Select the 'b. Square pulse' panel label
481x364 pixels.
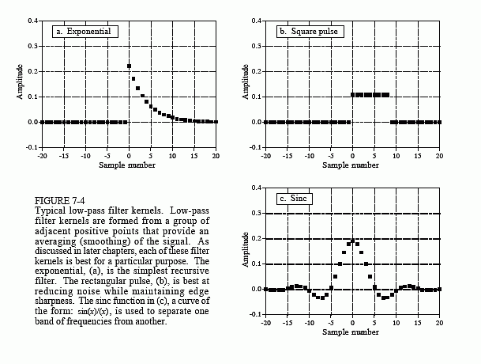pyautogui.click(x=310, y=32)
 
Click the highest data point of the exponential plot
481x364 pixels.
pyautogui.click(x=129, y=66)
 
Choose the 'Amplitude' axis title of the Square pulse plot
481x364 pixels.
pyautogui.click(x=245, y=82)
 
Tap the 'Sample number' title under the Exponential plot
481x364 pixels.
pyautogui.click(x=127, y=165)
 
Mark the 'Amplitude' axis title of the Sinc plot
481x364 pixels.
pyautogui.click(x=245, y=250)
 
